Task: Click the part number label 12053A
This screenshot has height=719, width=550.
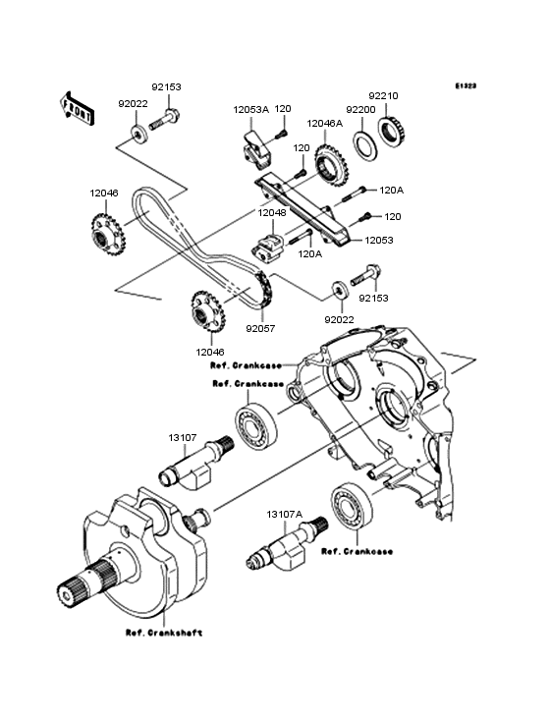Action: pyautogui.click(x=250, y=109)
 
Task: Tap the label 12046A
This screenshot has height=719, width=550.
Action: pyautogui.click(x=324, y=124)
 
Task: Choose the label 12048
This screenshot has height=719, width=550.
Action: pyautogui.click(x=271, y=212)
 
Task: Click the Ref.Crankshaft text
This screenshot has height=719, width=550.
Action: pyautogui.click(x=163, y=633)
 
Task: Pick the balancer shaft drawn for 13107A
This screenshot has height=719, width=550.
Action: pyautogui.click(x=287, y=547)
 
